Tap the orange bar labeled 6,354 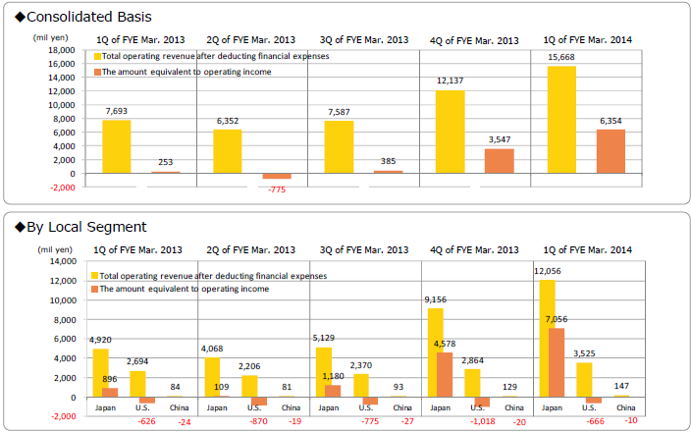coord(611,152)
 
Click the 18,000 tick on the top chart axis coord(60,50)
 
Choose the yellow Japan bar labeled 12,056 coord(547,339)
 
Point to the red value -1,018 coord(483,421)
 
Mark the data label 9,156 coord(435,300)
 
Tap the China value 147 coord(621,386)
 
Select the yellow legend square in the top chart coord(97,57)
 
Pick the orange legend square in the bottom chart coord(96,290)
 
